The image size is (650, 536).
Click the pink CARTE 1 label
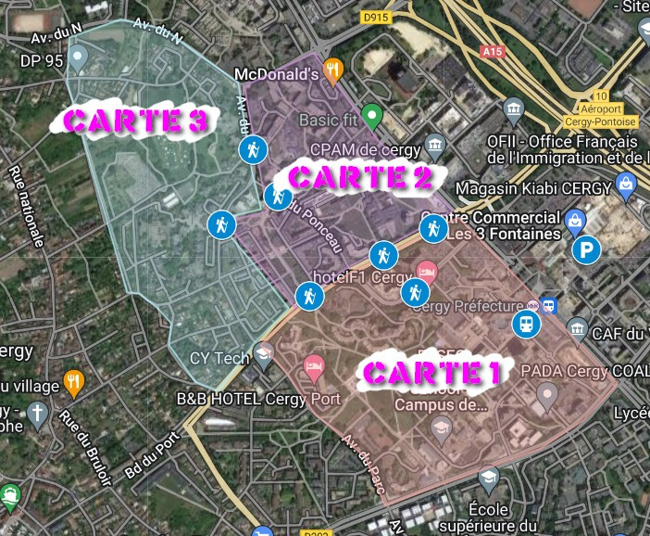(431, 373)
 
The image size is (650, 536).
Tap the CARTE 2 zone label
(361, 176)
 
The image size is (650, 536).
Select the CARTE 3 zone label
(134, 121)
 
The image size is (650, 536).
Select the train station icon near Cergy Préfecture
(526, 324)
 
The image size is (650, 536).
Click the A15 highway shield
(493, 53)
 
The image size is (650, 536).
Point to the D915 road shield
(375, 17)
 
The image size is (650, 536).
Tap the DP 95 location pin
(79, 59)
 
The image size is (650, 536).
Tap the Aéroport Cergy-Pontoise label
(601, 115)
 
